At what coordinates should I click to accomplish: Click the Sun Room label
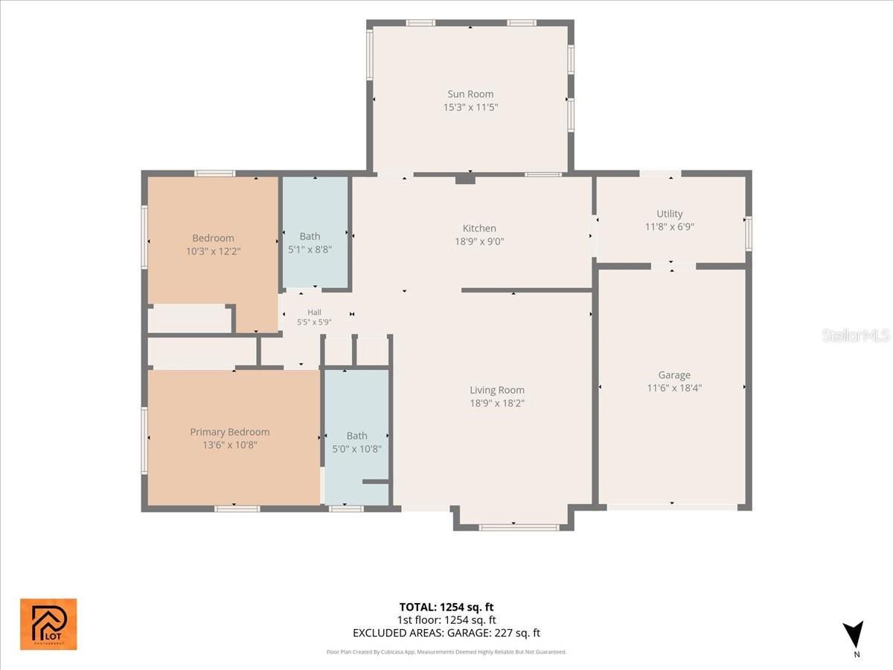(470, 94)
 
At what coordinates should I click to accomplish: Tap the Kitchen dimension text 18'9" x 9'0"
(479, 242)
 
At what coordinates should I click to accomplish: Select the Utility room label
(669, 214)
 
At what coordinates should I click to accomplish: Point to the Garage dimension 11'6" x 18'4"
(674, 388)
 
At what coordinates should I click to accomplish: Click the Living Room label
(497, 390)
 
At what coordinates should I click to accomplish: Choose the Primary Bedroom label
(229, 432)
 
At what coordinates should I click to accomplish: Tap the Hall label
(314, 313)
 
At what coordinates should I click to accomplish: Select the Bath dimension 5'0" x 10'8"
(356, 449)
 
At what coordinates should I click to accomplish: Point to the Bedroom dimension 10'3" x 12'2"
(213, 252)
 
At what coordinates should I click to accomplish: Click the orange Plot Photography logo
(48, 624)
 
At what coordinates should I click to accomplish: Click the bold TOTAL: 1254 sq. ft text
(446, 607)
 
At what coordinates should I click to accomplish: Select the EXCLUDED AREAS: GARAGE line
(446, 633)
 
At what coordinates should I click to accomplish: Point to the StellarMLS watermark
(856, 336)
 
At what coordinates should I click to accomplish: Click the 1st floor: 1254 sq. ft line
(446, 620)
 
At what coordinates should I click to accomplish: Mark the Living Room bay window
(519, 528)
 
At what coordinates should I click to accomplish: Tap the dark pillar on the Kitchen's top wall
(465, 179)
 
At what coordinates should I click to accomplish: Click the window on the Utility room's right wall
(748, 234)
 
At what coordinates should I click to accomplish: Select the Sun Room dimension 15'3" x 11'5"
(470, 107)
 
